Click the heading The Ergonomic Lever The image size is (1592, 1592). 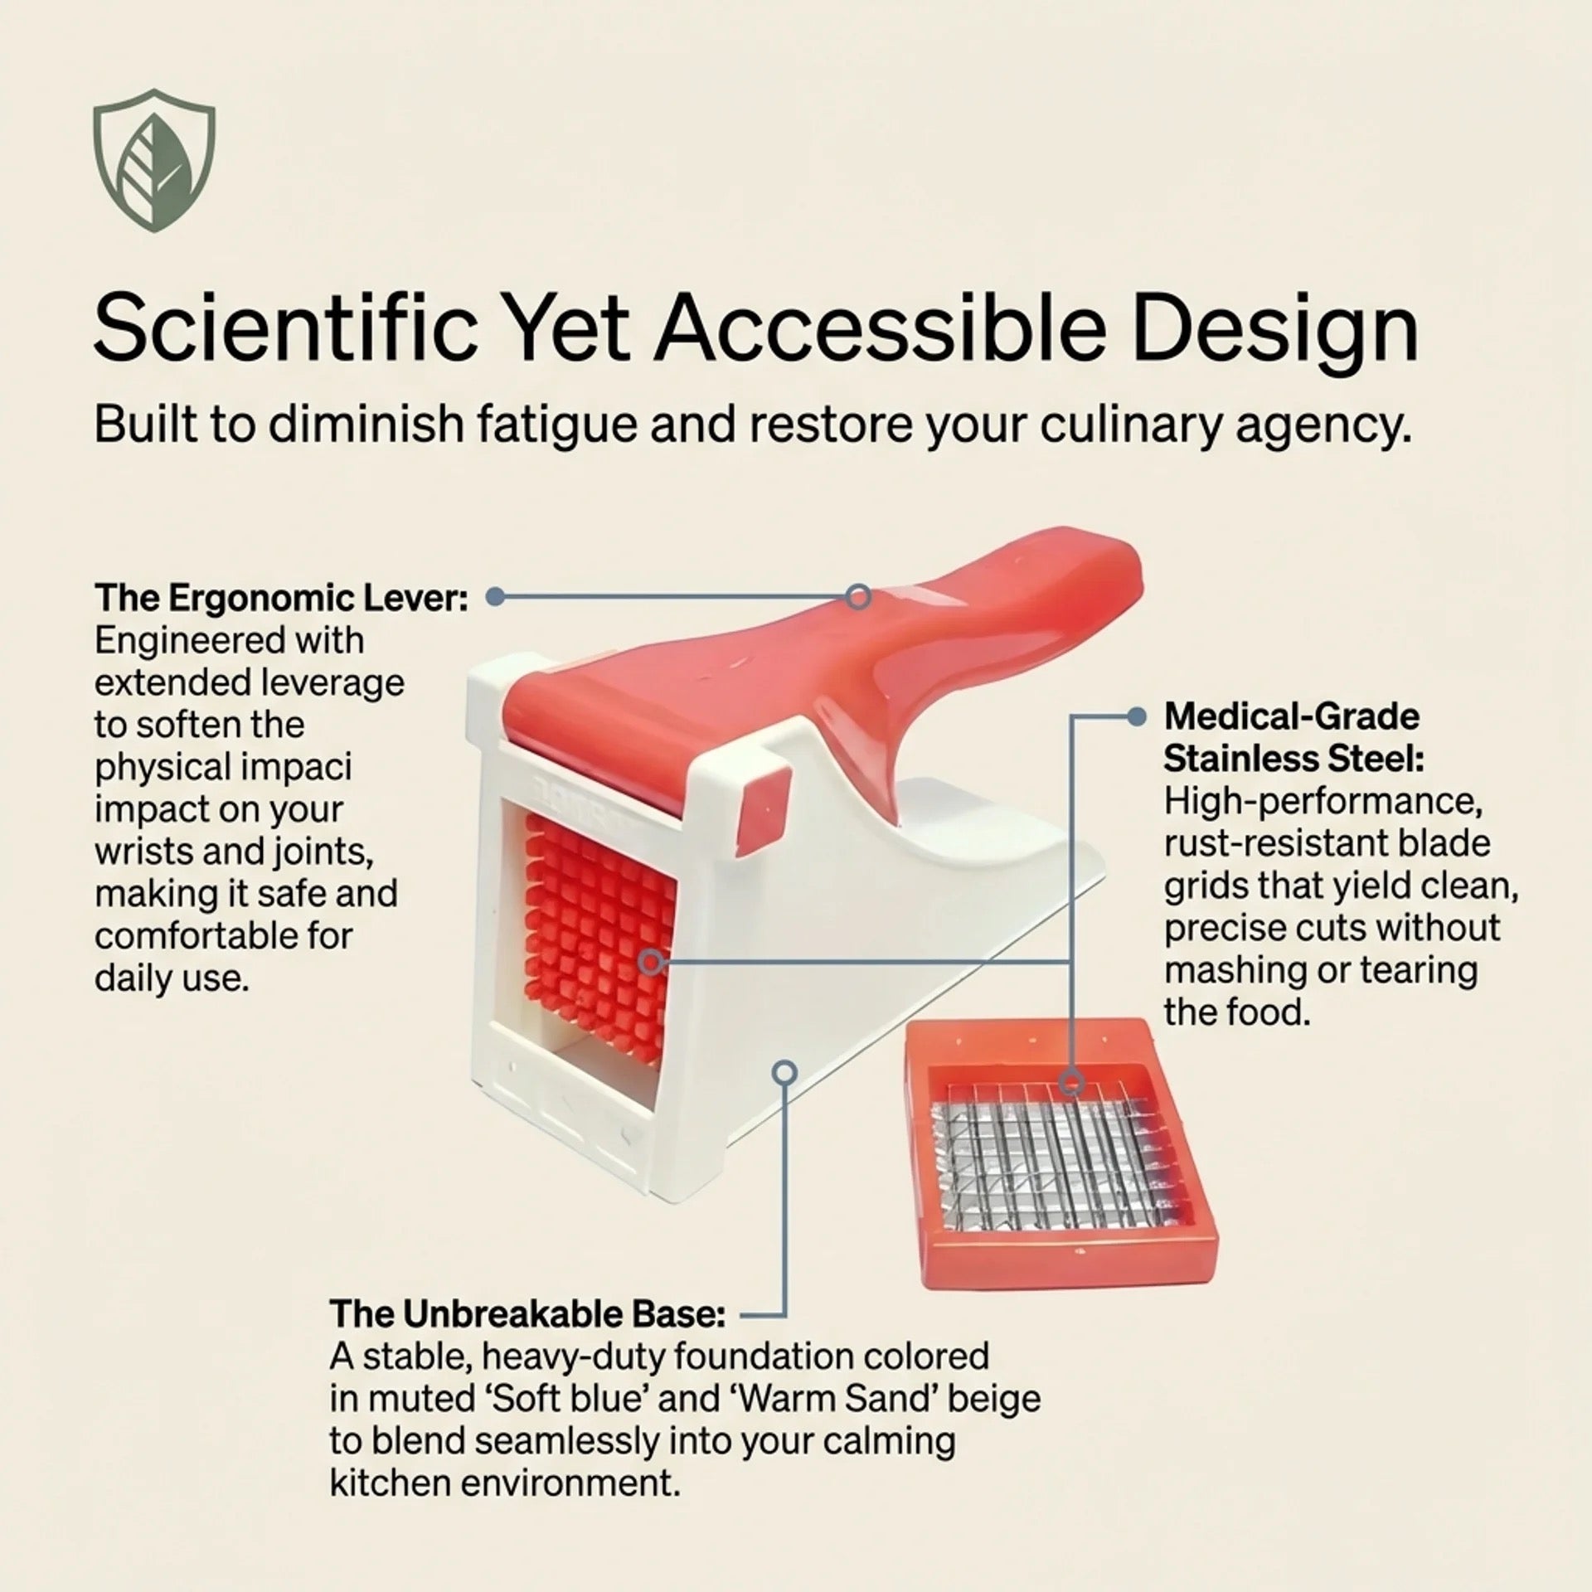pos(281,598)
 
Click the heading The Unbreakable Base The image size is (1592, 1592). pos(527,1314)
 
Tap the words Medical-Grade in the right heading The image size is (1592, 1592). pos(1292,716)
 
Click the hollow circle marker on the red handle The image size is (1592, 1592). pos(859,596)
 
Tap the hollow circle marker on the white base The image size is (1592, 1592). pos(784,1072)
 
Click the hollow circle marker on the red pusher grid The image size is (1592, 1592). pos(652,962)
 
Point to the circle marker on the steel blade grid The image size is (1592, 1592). pos(1072,1081)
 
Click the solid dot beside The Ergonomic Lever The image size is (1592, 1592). pos(495,597)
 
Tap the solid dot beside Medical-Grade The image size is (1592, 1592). pos(1138,716)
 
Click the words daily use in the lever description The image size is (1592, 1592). pos(172,978)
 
